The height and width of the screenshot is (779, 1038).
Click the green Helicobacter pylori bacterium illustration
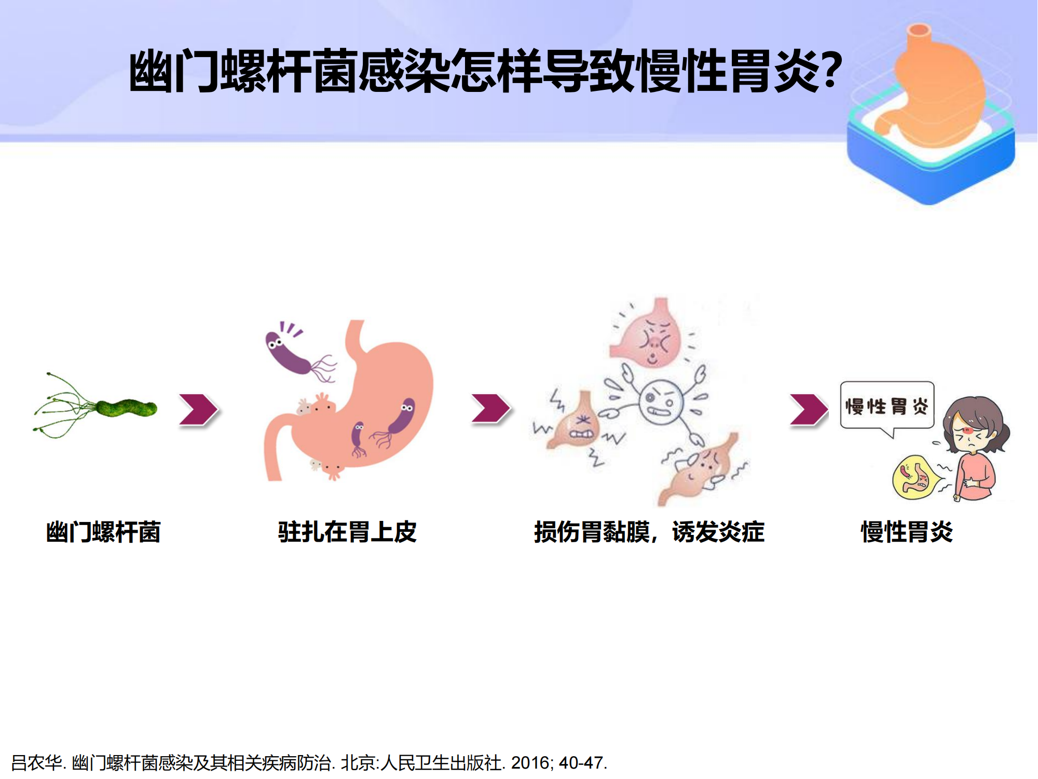click(125, 408)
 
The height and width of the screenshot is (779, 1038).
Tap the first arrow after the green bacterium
click(198, 410)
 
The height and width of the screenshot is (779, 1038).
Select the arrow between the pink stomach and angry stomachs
click(490, 408)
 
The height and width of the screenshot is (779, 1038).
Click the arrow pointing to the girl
click(809, 409)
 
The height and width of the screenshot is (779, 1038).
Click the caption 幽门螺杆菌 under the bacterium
click(103, 532)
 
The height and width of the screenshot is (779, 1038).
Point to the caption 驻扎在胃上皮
click(347, 532)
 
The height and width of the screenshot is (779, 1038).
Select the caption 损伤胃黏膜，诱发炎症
click(649, 532)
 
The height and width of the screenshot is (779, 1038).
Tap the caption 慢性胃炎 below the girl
click(907, 532)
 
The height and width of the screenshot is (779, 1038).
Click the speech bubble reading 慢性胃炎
click(887, 407)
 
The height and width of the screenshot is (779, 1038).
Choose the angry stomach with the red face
click(651, 335)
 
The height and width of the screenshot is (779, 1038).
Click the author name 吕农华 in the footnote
click(36, 762)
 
